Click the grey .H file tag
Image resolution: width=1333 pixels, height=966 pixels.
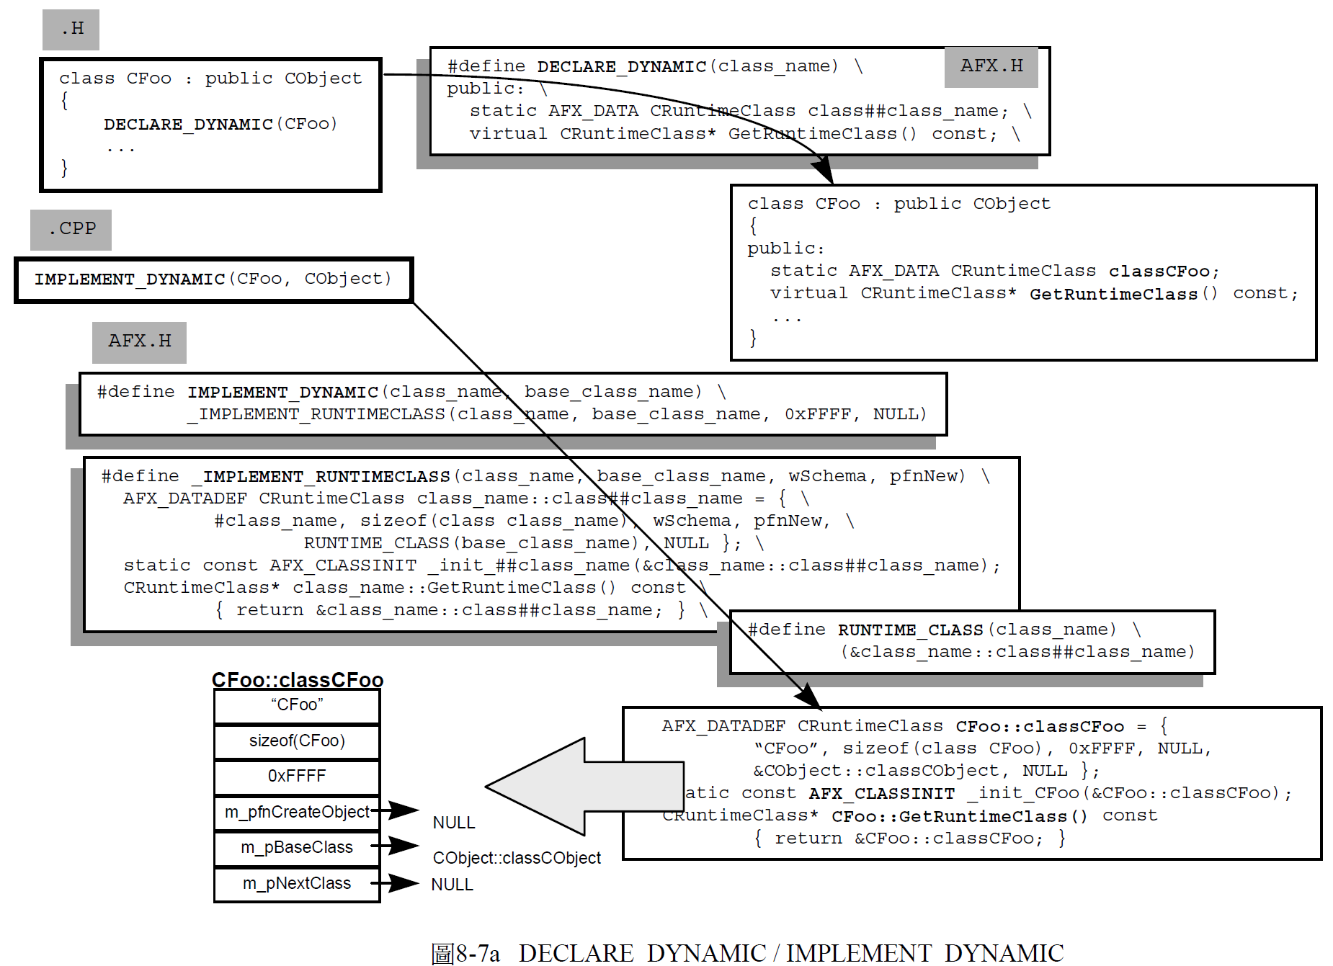pos(71,30)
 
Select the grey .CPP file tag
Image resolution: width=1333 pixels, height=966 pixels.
pos(71,230)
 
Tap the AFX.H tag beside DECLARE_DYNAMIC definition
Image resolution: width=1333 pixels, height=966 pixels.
pos(991,66)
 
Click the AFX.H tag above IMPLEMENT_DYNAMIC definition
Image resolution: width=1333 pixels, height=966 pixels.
pos(139,341)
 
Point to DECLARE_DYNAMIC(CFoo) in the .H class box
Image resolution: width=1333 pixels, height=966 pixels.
pos(220,124)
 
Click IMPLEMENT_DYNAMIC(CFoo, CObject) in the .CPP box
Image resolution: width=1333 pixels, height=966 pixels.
pos(213,279)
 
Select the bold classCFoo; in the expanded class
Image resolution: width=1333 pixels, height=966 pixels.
pos(1163,272)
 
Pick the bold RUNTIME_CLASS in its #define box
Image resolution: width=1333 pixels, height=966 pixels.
pos(910,630)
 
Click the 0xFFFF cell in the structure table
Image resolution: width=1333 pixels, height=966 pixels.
pos(297,776)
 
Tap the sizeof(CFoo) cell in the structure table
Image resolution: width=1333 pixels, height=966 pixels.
pos(297,741)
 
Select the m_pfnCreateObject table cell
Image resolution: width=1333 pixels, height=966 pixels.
pos(297,812)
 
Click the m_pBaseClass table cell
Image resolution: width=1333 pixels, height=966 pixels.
pos(297,847)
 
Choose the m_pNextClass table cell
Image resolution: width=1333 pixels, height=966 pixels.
pos(297,883)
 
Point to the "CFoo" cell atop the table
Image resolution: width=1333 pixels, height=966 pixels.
pos(297,705)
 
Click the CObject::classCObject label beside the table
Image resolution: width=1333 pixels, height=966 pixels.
pos(517,858)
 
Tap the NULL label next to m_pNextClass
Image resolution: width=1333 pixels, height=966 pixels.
pos(452,885)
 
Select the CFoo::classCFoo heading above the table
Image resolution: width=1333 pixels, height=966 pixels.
pos(297,680)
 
